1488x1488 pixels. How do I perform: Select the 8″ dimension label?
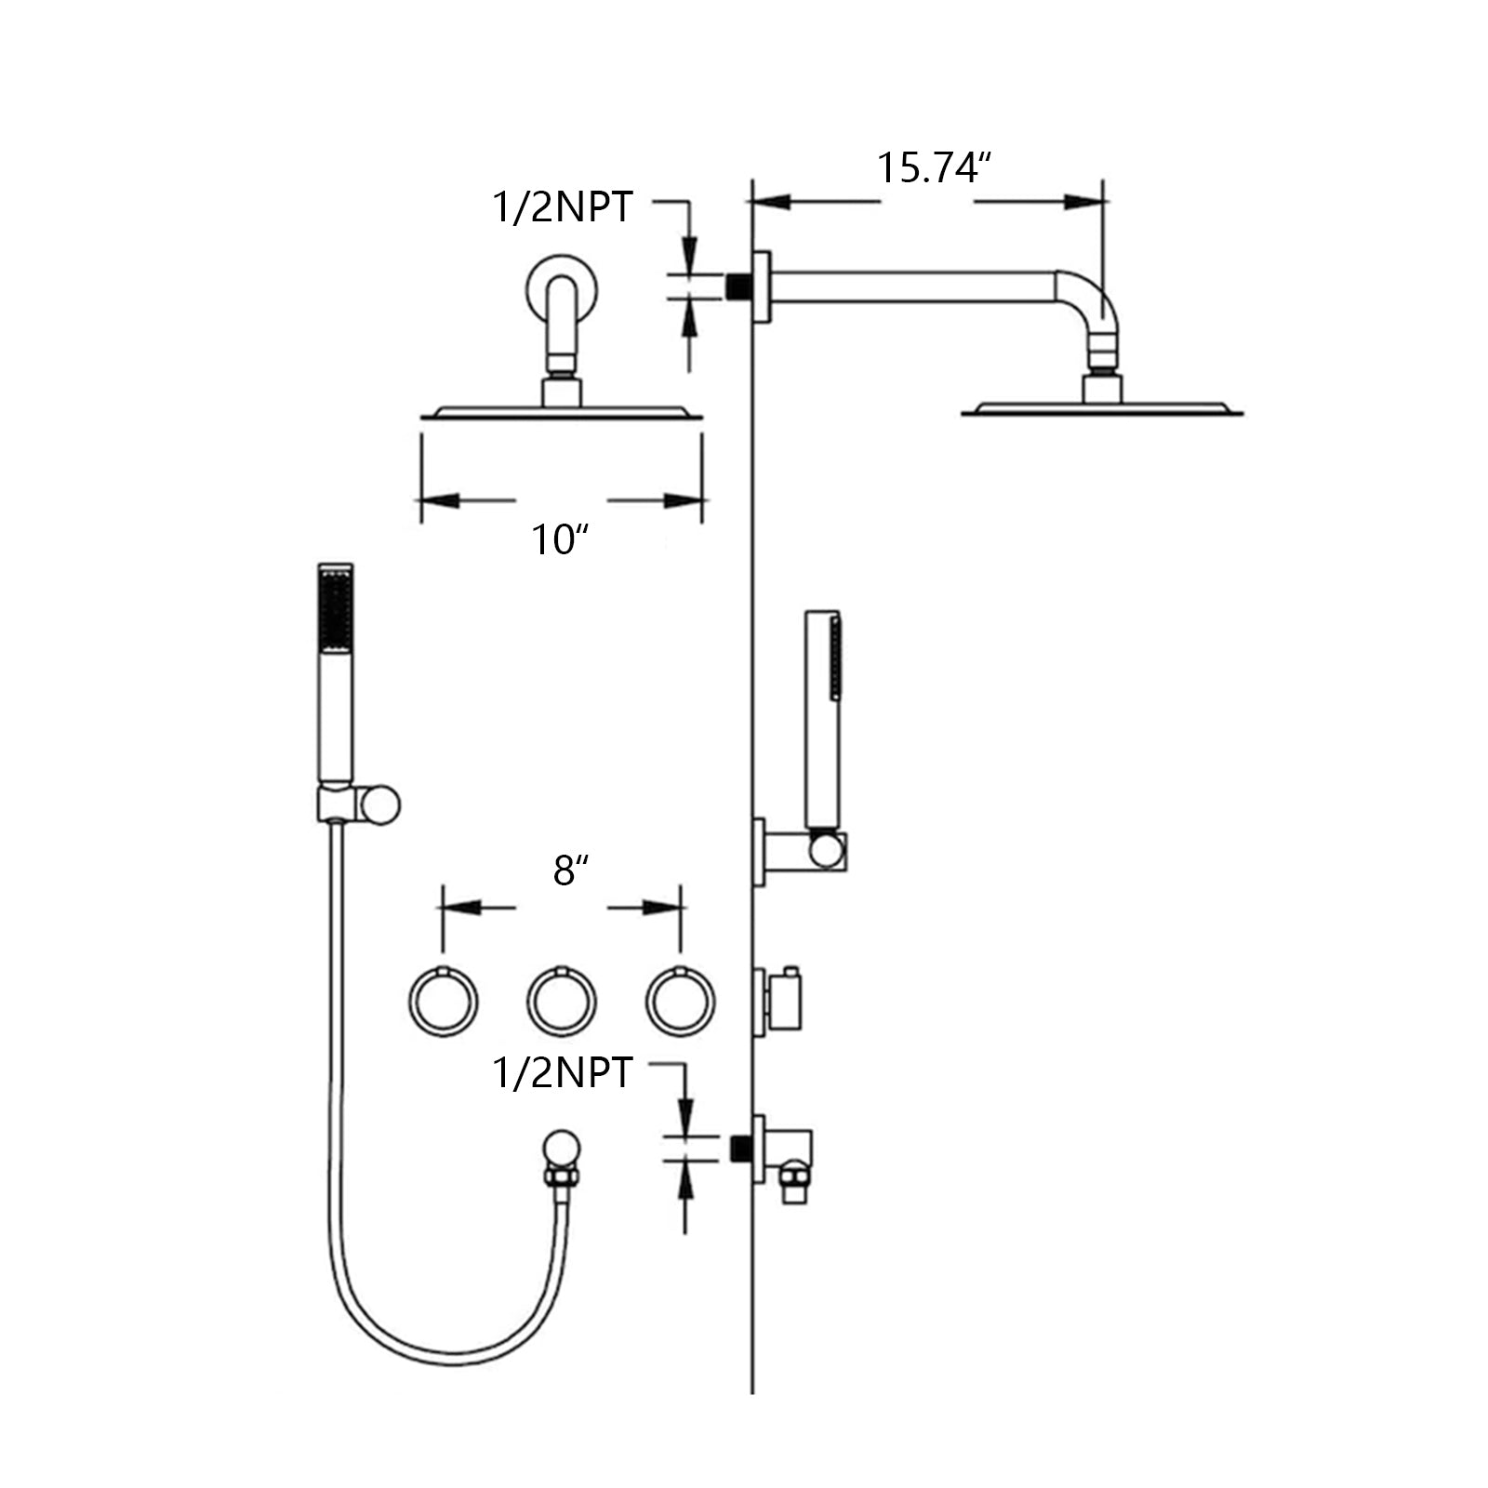[x=571, y=871]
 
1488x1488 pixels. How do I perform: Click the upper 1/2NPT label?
[x=562, y=206]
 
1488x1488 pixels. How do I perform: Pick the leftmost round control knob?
[x=444, y=1002]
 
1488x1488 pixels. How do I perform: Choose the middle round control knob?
[x=562, y=1002]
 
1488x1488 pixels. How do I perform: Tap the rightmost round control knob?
[x=680, y=1002]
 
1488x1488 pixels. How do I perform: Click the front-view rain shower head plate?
[x=561, y=412]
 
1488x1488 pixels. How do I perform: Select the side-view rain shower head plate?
[x=1102, y=409]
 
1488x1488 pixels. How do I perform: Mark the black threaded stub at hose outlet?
[x=740, y=1149]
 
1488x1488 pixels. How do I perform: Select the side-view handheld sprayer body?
[x=822, y=716]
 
